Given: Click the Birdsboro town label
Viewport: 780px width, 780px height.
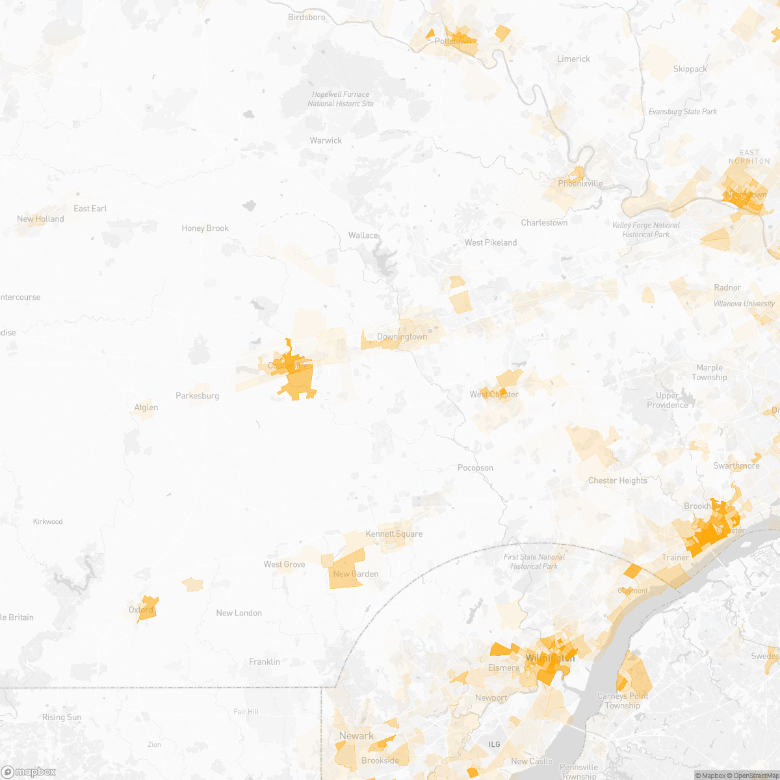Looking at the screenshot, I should coord(307,18).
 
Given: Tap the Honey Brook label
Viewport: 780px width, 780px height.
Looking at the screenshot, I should coord(205,228).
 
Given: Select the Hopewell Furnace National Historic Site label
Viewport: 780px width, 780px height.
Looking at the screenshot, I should coord(341,99).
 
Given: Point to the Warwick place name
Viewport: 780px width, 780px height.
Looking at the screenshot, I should coord(326,140).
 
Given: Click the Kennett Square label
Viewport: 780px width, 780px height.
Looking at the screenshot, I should coord(394,534).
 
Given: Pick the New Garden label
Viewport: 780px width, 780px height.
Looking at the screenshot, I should coord(356,574).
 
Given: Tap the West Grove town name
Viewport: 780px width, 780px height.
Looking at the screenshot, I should coord(284,564).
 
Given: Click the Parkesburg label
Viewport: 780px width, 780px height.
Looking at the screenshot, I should coord(197,396).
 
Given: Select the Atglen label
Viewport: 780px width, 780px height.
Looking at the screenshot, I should coord(146,408).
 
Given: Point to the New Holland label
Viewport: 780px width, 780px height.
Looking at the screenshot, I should coord(40,219).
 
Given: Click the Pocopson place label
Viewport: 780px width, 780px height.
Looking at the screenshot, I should coord(475,468).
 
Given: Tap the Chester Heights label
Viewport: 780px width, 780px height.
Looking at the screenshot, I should coord(617,481).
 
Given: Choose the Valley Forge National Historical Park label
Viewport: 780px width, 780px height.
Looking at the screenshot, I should coord(645,230).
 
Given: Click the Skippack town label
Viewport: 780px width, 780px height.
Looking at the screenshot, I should coord(690,69).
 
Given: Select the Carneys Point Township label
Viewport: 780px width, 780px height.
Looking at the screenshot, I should coord(622,701).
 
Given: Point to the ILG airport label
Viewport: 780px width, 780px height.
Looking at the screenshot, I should coord(495,744).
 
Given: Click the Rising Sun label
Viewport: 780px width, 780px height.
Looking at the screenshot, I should coord(62,718).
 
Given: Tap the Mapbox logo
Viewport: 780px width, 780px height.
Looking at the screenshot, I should coord(29,772).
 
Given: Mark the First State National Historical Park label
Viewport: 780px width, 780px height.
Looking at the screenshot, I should coord(534,562).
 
